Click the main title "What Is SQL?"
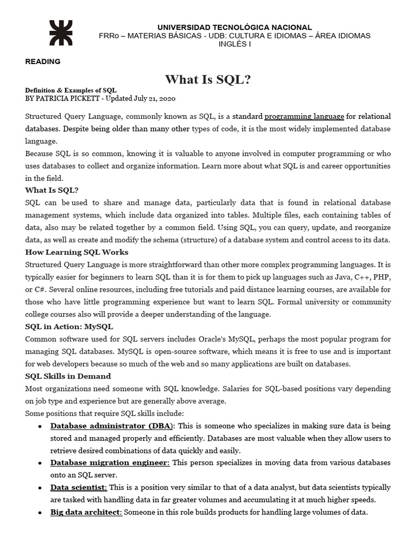208,80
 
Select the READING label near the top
43,61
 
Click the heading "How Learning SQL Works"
77,252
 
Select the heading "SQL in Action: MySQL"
69,326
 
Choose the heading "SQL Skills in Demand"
68,376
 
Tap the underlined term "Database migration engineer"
110,463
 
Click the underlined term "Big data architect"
86,512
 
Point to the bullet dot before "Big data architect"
40,513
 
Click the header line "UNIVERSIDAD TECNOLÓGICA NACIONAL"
235,27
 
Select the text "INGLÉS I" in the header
235,43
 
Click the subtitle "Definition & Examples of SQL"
71,90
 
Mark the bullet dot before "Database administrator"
40,426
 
